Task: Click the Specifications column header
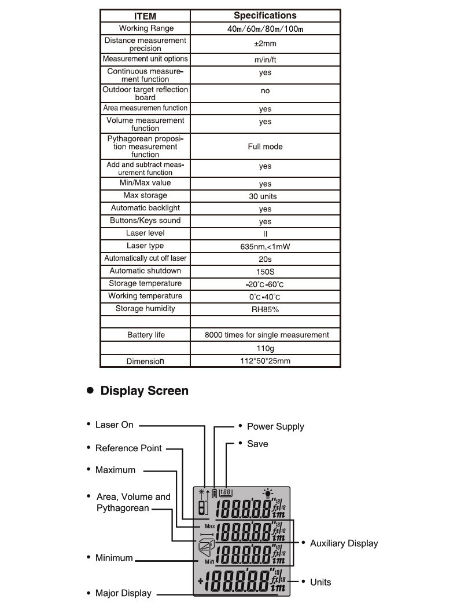(x=265, y=16)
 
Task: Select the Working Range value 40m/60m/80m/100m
(x=265, y=28)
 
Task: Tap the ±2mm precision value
(x=265, y=44)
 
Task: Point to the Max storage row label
(x=145, y=196)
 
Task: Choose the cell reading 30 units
(x=265, y=196)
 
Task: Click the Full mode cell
(x=265, y=147)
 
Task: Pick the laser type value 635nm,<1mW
(x=265, y=246)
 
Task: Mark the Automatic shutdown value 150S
(x=265, y=272)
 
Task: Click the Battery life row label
(x=146, y=335)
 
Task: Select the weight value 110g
(x=265, y=348)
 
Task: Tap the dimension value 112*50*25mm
(x=265, y=361)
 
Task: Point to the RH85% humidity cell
(x=265, y=309)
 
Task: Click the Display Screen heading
(x=144, y=391)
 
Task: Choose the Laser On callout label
(x=114, y=425)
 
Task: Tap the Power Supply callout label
(x=275, y=426)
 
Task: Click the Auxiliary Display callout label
(x=344, y=543)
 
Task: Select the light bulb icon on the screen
(x=267, y=494)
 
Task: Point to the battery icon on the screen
(x=215, y=494)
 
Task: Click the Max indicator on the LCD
(x=209, y=527)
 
